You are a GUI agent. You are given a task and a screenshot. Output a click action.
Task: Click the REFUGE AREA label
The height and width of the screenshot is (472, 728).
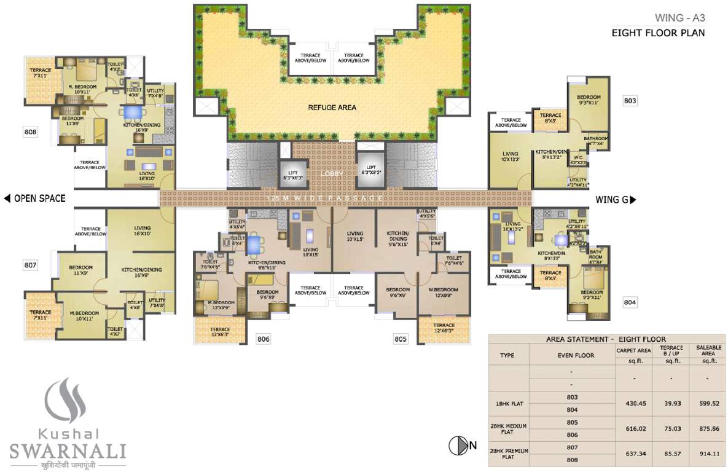(x=332, y=108)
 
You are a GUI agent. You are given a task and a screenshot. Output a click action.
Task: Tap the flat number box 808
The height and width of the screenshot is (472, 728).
(x=31, y=132)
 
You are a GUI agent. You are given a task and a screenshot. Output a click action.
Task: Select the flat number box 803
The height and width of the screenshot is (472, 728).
(x=630, y=101)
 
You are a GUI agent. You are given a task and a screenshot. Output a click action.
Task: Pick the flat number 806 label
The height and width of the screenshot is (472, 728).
(x=263, y=339)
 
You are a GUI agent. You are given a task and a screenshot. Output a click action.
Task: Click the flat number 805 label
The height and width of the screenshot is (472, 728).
(x=401, y=339)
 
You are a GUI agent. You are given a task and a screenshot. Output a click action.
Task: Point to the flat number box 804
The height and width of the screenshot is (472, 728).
(x=630, y=302)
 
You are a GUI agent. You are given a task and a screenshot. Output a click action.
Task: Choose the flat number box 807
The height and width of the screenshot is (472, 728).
(x=31, y=265)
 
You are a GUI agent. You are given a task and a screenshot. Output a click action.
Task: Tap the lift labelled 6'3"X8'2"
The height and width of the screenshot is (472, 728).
(x=371, y=171)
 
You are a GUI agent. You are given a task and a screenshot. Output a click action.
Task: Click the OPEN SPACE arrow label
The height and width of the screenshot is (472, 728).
(x=34, y=199)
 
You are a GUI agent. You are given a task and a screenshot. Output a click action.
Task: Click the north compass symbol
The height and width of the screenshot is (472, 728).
(x=458, y=446)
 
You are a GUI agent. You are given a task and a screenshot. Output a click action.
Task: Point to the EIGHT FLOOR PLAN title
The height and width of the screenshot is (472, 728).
(x=658, y=33)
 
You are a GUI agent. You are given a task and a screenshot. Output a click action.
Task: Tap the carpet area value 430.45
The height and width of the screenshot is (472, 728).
(x=633, y=404)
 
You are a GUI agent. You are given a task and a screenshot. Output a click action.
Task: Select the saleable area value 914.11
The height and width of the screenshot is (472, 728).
(x=708, y=453)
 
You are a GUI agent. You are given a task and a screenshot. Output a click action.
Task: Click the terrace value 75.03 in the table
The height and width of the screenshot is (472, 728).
(x=671, y=428)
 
